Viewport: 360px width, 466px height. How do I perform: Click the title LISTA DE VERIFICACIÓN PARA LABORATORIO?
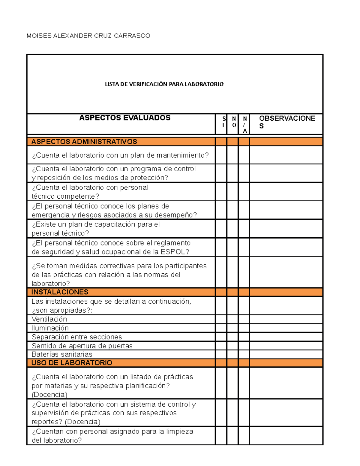point(164,84)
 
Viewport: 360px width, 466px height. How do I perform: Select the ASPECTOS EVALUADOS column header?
point(124,118)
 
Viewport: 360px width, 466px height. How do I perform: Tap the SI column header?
point(223,122)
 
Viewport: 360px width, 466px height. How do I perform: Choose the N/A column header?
point(245,125)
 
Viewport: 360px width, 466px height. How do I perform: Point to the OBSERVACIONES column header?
point(287,122)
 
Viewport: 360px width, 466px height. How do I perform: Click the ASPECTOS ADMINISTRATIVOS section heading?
point(84,142)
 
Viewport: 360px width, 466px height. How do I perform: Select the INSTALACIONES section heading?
point(60,292)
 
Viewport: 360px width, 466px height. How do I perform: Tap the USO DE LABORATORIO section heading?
point(71,363)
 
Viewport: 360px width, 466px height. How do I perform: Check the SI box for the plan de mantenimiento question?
point(221,155)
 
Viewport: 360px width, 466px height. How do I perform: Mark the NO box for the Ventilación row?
point(232,319)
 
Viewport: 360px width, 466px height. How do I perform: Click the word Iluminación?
point(50,328)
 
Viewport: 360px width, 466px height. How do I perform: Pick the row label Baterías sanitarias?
point(62,354)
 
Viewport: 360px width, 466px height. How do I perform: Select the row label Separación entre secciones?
point(76,337)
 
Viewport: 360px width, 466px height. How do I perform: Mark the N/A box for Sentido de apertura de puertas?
point(244,346)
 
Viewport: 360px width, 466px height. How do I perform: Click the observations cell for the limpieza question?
point(286,436)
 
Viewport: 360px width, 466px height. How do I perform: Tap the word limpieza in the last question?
point(180,431)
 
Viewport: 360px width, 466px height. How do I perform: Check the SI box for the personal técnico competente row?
point(221,192)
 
